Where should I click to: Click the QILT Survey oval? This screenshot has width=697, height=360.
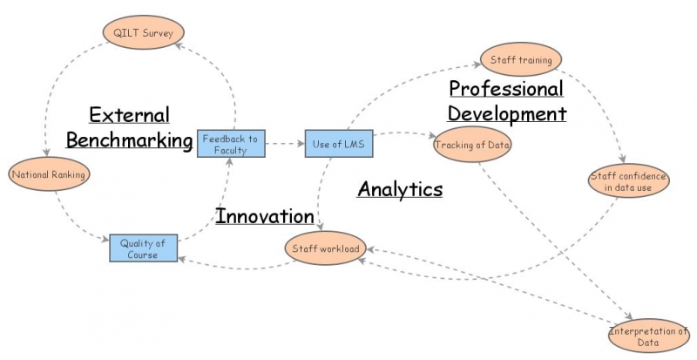(x=143, y=32)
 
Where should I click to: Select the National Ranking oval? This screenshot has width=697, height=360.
(x=49, y=174)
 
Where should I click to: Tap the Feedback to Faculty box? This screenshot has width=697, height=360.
(x=231, y=144)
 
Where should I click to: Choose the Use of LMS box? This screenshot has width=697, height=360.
(x=339, y=144)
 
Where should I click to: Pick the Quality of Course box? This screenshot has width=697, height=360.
(x=144, y=248)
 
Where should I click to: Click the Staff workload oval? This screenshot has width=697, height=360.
(x=326, y=248)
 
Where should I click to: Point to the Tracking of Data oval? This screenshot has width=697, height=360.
(x=472, y=145)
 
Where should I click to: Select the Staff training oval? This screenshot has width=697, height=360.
(x=521, y=59)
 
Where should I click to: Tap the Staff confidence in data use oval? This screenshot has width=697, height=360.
(x=628, y=181)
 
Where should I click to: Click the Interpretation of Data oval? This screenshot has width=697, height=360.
(x=648, y=336)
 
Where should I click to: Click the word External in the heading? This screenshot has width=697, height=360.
(x=129, y=115)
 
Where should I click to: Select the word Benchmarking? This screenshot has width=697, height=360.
(x=129, y=140)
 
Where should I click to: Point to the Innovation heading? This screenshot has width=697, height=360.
(x=265, y=216)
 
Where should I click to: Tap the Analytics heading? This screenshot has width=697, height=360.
(x=400, y=189)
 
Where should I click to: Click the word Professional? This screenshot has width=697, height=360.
(x=506, y=89)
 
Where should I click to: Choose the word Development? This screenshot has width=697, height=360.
(x=507, y=114)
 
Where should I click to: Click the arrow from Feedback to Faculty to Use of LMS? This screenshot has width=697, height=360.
(x=285, y=144)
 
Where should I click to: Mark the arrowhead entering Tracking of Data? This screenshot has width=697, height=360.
(x=432, y=136)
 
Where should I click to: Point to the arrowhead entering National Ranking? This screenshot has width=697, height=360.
(x=46, y=153)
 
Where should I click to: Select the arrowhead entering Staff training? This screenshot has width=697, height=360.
(x=477, y=65)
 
